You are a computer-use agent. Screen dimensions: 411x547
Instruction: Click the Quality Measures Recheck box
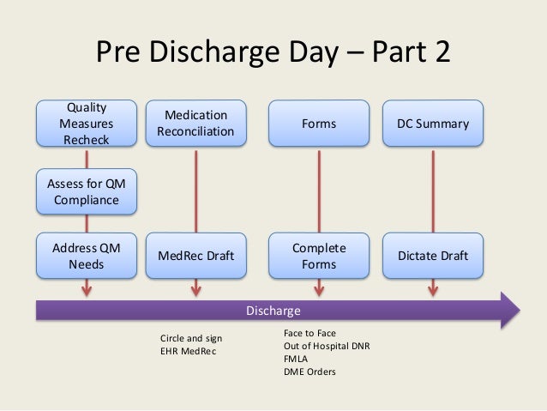pyautogui.click(x=86, y=124)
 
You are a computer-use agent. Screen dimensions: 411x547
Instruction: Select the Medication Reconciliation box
pyautogui.click(x=196, y=124)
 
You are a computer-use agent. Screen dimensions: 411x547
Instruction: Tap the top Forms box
pyautogui.click(x=319, y=124)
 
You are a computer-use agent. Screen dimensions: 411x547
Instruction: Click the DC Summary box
pyautogui.click(x=433, y=124)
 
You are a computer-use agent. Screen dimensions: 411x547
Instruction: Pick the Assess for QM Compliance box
pyautogui.click(x=86, y=192)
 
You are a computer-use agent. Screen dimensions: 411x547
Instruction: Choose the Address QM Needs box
pyautogui.click(x=86, y=257)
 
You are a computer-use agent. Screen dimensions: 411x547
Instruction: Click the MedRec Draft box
pyautogui.click(x=196, y=257)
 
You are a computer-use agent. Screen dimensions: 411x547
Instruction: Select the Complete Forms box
pyautogui.click(x=319, y=257)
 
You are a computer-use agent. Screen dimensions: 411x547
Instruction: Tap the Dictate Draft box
pyautogui.click(x=433, y=257)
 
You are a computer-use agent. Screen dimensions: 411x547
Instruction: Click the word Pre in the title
pyautogui.click(x=117, y=55)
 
